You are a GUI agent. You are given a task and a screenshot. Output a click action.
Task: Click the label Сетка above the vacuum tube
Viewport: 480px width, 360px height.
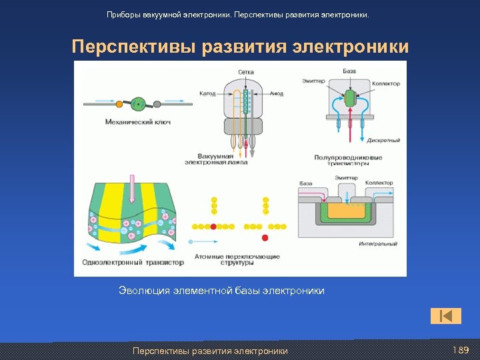click(245, 71)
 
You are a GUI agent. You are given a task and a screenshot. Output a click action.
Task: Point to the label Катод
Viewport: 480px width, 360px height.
click(207, 93)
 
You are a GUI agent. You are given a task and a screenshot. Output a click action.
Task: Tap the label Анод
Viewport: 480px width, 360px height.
click(276, 93)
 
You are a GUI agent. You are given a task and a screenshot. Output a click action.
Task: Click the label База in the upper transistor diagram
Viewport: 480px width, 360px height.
click(350, 71)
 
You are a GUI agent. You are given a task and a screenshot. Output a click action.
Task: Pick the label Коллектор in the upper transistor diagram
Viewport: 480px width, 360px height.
click(385, 84)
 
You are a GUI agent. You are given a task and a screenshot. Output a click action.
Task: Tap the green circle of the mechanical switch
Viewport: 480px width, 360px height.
click(138, 103)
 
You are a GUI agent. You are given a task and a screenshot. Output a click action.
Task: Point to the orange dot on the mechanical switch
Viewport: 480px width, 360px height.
click(119, 104)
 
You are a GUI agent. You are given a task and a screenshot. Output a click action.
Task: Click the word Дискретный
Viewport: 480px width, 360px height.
click(384, 141)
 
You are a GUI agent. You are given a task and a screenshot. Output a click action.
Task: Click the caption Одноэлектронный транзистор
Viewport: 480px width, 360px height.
click(133, 262)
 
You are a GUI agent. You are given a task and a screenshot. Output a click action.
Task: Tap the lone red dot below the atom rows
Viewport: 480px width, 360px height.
click(265, 238)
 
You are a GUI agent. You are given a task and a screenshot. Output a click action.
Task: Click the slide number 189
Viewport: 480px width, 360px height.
click(461, 351)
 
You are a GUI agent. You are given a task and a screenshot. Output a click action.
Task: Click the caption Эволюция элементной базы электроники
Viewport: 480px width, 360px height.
click(221, 291)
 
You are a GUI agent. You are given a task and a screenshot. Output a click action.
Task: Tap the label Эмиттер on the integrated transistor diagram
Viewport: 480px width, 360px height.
click(346, 178)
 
